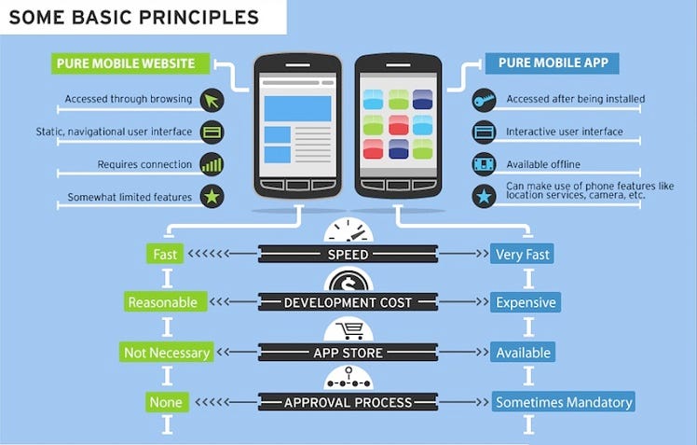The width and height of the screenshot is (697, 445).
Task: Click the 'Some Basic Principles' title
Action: [135, 17]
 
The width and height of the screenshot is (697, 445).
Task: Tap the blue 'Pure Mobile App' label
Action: [553, 63]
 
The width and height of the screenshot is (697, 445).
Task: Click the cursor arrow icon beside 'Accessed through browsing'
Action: [212, 99]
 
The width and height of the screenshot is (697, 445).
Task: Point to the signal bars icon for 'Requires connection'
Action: [212, 164]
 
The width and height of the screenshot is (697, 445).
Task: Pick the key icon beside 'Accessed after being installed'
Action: [484, 99]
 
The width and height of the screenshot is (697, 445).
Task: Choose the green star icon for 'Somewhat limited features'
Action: [212, 197]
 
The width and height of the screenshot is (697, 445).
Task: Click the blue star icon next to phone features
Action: [484, 197]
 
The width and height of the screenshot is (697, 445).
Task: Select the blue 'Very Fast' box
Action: [524, 253]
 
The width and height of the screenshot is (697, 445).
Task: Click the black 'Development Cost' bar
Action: [348, 302]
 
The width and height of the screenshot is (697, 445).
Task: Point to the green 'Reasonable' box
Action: [163, 302]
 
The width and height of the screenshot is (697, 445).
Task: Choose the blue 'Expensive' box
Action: [526, 302]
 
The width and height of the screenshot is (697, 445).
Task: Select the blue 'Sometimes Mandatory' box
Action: [564, 402]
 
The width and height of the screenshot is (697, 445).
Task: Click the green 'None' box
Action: [167, 402]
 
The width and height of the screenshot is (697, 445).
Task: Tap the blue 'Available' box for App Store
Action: [523, 353]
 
